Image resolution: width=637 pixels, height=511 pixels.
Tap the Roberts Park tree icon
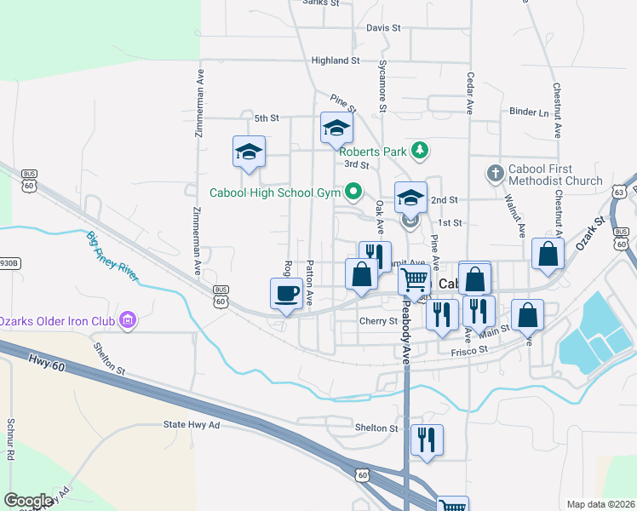pyautogui.click(x=418, y=151)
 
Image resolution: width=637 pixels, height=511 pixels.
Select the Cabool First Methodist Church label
pyautogui.click(x=555, y=175)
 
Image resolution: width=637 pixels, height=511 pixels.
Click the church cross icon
pyautogui.click(x=495, y=174)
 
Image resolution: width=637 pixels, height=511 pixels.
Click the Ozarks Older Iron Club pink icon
pyautogui.click(x=129, y=320)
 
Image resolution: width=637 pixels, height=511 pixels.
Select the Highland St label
pyautogui.click(x=336, y=60)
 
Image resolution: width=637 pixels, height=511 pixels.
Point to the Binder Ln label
pyautogui.click(x=529, y=112)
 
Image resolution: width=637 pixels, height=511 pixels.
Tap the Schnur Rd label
pyautogui.click(x=10, y=439)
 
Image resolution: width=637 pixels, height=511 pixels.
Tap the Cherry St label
pyautogui.click(x=378, y=321)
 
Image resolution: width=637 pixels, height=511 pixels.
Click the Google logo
pyautogui.click(x=29, y=501)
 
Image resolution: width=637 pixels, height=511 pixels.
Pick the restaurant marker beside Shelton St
pyautogui.click(x=427, y=440)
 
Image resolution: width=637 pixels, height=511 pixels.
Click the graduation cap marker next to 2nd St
pyautogui.click(x=410, y=198)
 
